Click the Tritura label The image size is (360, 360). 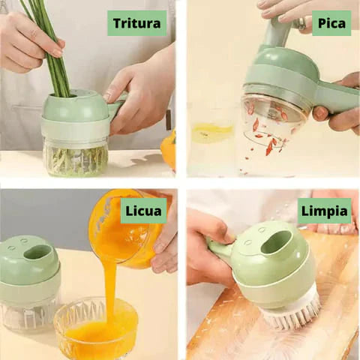pos(136,23)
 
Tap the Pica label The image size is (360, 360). pos(331,23)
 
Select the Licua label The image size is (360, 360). pos(144,211)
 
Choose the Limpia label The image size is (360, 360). pos(325,211)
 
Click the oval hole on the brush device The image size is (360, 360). pos(275,243)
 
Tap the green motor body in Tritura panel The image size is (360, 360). pos(75,112)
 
